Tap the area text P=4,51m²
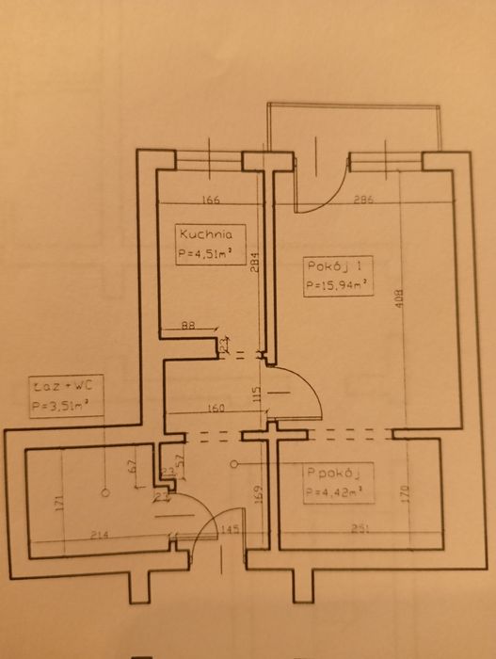click(x=204, y=252)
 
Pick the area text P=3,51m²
click(x=65, y=406)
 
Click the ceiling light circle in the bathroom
click(x=104, y=492)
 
